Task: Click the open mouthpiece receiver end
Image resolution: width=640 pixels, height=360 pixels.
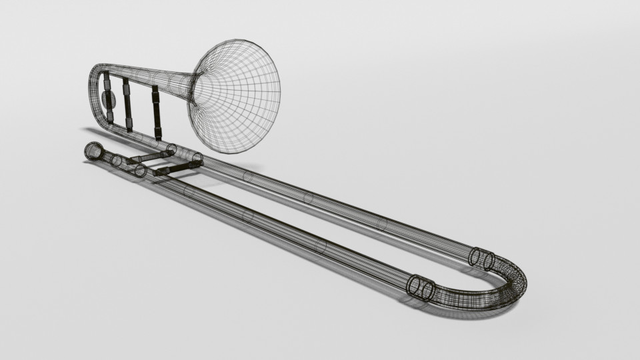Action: point(91,151)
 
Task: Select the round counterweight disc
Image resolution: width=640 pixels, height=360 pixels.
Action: point(109,100)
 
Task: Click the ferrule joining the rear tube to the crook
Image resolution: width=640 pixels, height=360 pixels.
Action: point(481,258)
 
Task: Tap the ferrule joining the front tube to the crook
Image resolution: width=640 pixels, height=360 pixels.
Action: point(421,288)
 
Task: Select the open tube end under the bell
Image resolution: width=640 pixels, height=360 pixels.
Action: point(197,159)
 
